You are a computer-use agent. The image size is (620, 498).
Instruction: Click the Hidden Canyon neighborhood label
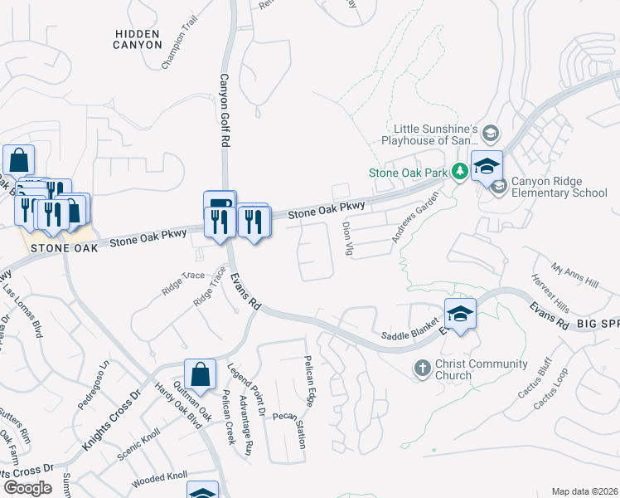(x=138, y=38)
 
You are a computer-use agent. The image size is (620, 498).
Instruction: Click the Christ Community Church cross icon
(x=422, y=367)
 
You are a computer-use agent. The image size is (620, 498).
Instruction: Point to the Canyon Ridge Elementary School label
(x=559, y=188)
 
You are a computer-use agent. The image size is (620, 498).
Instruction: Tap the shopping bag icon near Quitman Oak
(x=200, y=374)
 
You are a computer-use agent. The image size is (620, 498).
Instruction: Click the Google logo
(x=27, y=488)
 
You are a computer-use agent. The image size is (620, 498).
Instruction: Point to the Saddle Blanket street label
(x=409, y=335)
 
